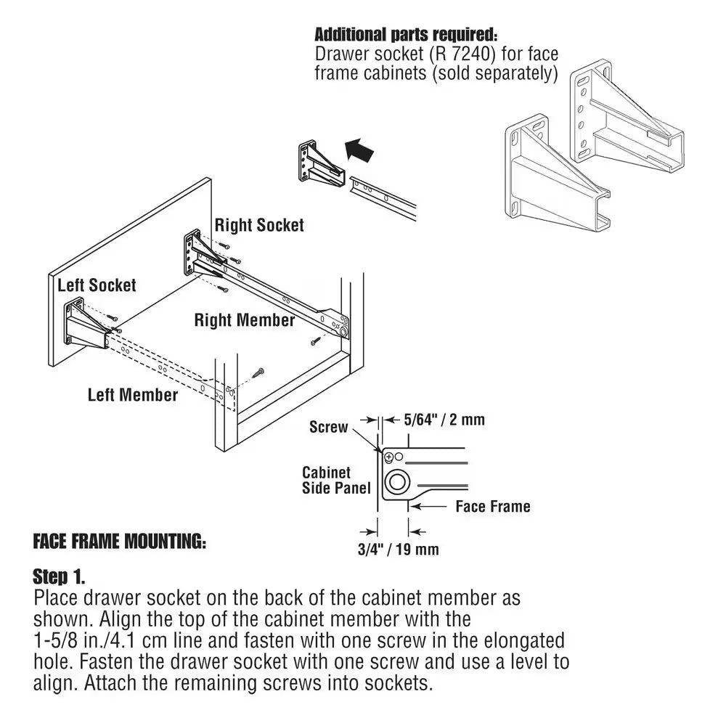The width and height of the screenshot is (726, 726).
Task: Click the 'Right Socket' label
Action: point(259,225)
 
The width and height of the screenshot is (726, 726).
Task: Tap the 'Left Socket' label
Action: point(97,285)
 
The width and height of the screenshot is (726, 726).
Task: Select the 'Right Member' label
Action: point(245,320)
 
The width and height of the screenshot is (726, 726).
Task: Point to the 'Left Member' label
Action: point(132,395)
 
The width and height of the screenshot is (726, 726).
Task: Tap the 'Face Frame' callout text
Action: point(492,506)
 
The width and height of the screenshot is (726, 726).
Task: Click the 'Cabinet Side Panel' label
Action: point(326,481)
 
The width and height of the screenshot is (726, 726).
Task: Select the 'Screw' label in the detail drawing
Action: point(328,427)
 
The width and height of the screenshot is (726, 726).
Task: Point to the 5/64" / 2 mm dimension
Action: point(433,420)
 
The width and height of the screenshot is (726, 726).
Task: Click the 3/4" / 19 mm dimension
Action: point(399,549)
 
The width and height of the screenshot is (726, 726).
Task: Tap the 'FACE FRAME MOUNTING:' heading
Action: point(120,542)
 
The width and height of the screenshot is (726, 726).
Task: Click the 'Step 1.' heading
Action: point(59,577)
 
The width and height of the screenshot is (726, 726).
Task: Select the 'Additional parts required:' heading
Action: point(407,34)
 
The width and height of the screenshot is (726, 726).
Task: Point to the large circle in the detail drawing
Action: point(397,481)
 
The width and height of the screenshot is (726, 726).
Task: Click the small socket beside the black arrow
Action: point(317,163)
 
